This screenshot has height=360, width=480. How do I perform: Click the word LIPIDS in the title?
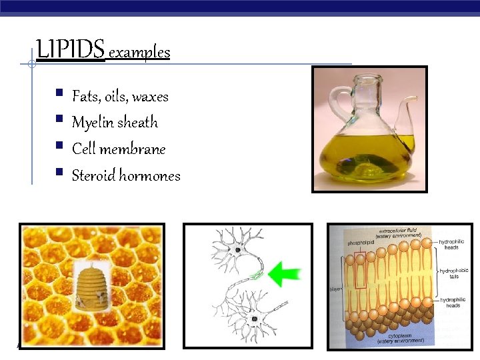point(70,50)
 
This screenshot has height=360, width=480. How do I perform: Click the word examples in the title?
point(139,52)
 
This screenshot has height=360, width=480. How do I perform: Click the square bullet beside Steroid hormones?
point(59,174)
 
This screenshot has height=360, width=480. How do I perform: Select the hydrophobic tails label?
point(453,274)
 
